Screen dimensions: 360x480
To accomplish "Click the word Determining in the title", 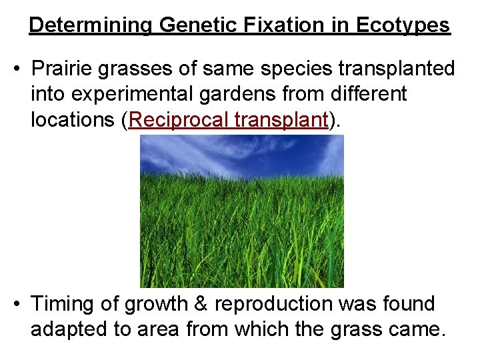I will (91, 25).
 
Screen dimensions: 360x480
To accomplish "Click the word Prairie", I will (61, 69).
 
